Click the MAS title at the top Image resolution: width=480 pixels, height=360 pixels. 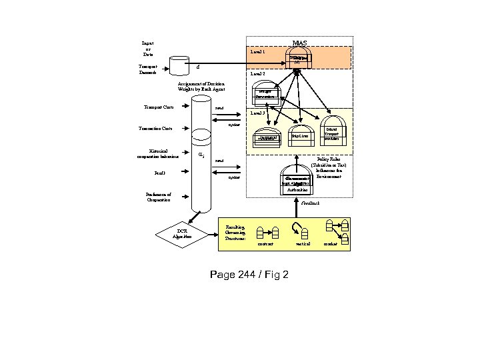[300, 43]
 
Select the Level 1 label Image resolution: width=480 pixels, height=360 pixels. [257, 51]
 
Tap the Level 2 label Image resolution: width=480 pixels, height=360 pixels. [257, 73]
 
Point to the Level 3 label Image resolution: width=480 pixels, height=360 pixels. [257, 113]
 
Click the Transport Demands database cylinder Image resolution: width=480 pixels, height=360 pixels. [179, 65]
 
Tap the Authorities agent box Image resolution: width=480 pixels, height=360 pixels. [297, 190]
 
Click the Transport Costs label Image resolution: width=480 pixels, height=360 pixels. [153, 107]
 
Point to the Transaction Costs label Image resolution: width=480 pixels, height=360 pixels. [155, 128]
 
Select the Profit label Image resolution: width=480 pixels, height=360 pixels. [160, 173]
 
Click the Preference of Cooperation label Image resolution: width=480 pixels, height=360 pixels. [159, 197]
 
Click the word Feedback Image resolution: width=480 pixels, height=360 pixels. [311, 202]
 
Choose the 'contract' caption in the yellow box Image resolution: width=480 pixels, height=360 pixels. [266, 244]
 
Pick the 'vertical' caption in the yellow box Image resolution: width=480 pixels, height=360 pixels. [303, 244]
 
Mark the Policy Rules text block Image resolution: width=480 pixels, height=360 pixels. [327, 170]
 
